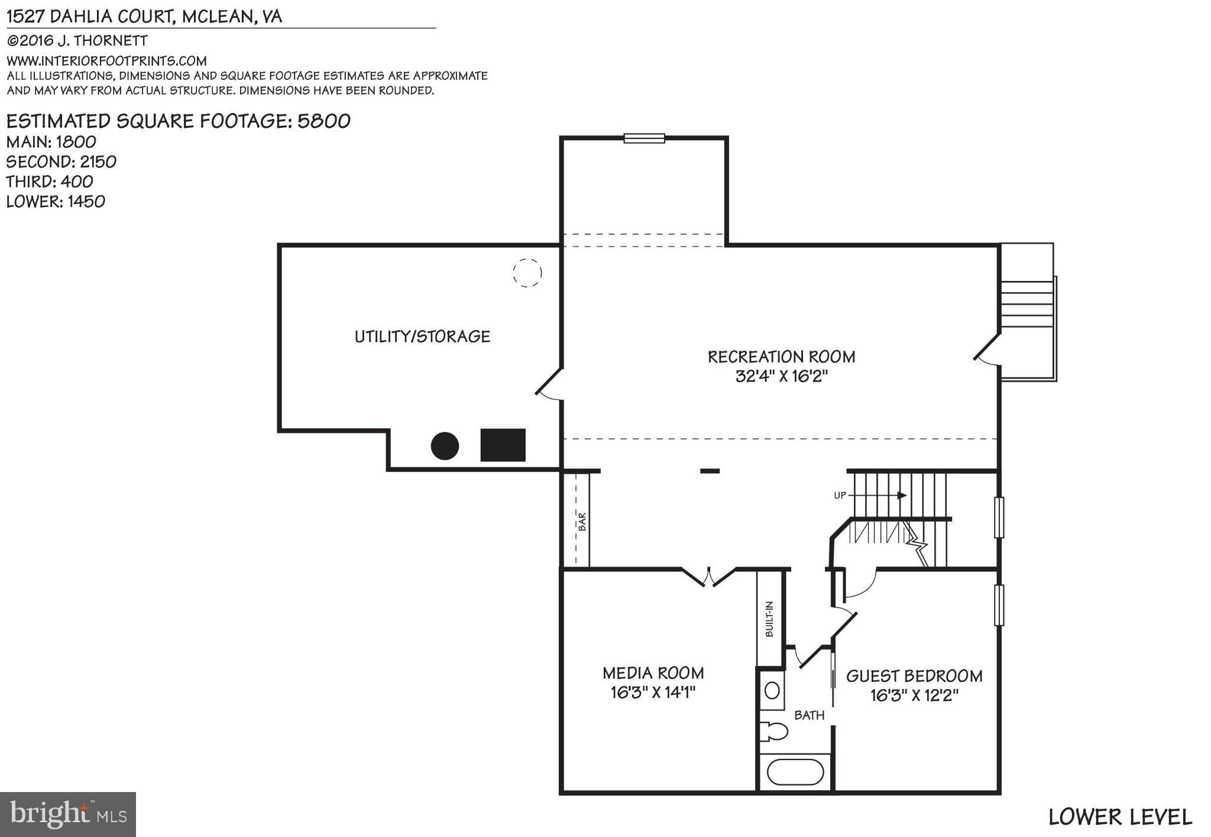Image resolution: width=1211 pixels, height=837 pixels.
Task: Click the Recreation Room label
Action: click(x=781, y=357)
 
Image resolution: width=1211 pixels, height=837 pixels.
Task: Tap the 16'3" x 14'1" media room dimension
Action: click(x=653, y=692)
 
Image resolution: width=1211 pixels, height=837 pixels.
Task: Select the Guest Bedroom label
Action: click(x=914, y=676)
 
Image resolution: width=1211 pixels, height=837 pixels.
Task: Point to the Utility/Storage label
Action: click(x=422, y=337)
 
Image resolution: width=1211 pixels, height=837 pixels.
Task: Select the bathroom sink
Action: click(x=772, y=690)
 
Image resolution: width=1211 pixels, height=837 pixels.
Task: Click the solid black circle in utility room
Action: click(x=445, y=446)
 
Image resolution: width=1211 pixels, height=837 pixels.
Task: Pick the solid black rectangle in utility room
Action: click(x=503, y=445)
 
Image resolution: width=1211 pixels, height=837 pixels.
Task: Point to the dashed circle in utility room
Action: click(x=527, y=273)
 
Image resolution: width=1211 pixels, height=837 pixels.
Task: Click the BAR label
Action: click(x=582, y=521)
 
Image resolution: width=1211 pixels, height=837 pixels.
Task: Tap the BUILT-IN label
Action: click(x=769, y=619)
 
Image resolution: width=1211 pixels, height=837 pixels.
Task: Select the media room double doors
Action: click(x=708, y=576)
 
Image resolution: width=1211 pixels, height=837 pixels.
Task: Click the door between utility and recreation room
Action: click(x=549, y=385)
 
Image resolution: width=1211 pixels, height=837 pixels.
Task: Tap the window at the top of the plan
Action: click(x=644, y=138)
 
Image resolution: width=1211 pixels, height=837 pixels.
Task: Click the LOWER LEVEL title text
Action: click(x=1119, y=817)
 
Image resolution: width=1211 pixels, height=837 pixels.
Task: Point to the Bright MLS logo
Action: click(x=68, y=815)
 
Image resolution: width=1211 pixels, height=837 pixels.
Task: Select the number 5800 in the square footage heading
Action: click(x=324, y=121)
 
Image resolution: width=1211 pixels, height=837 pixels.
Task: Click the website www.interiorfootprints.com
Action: click(x=106, y=61)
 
